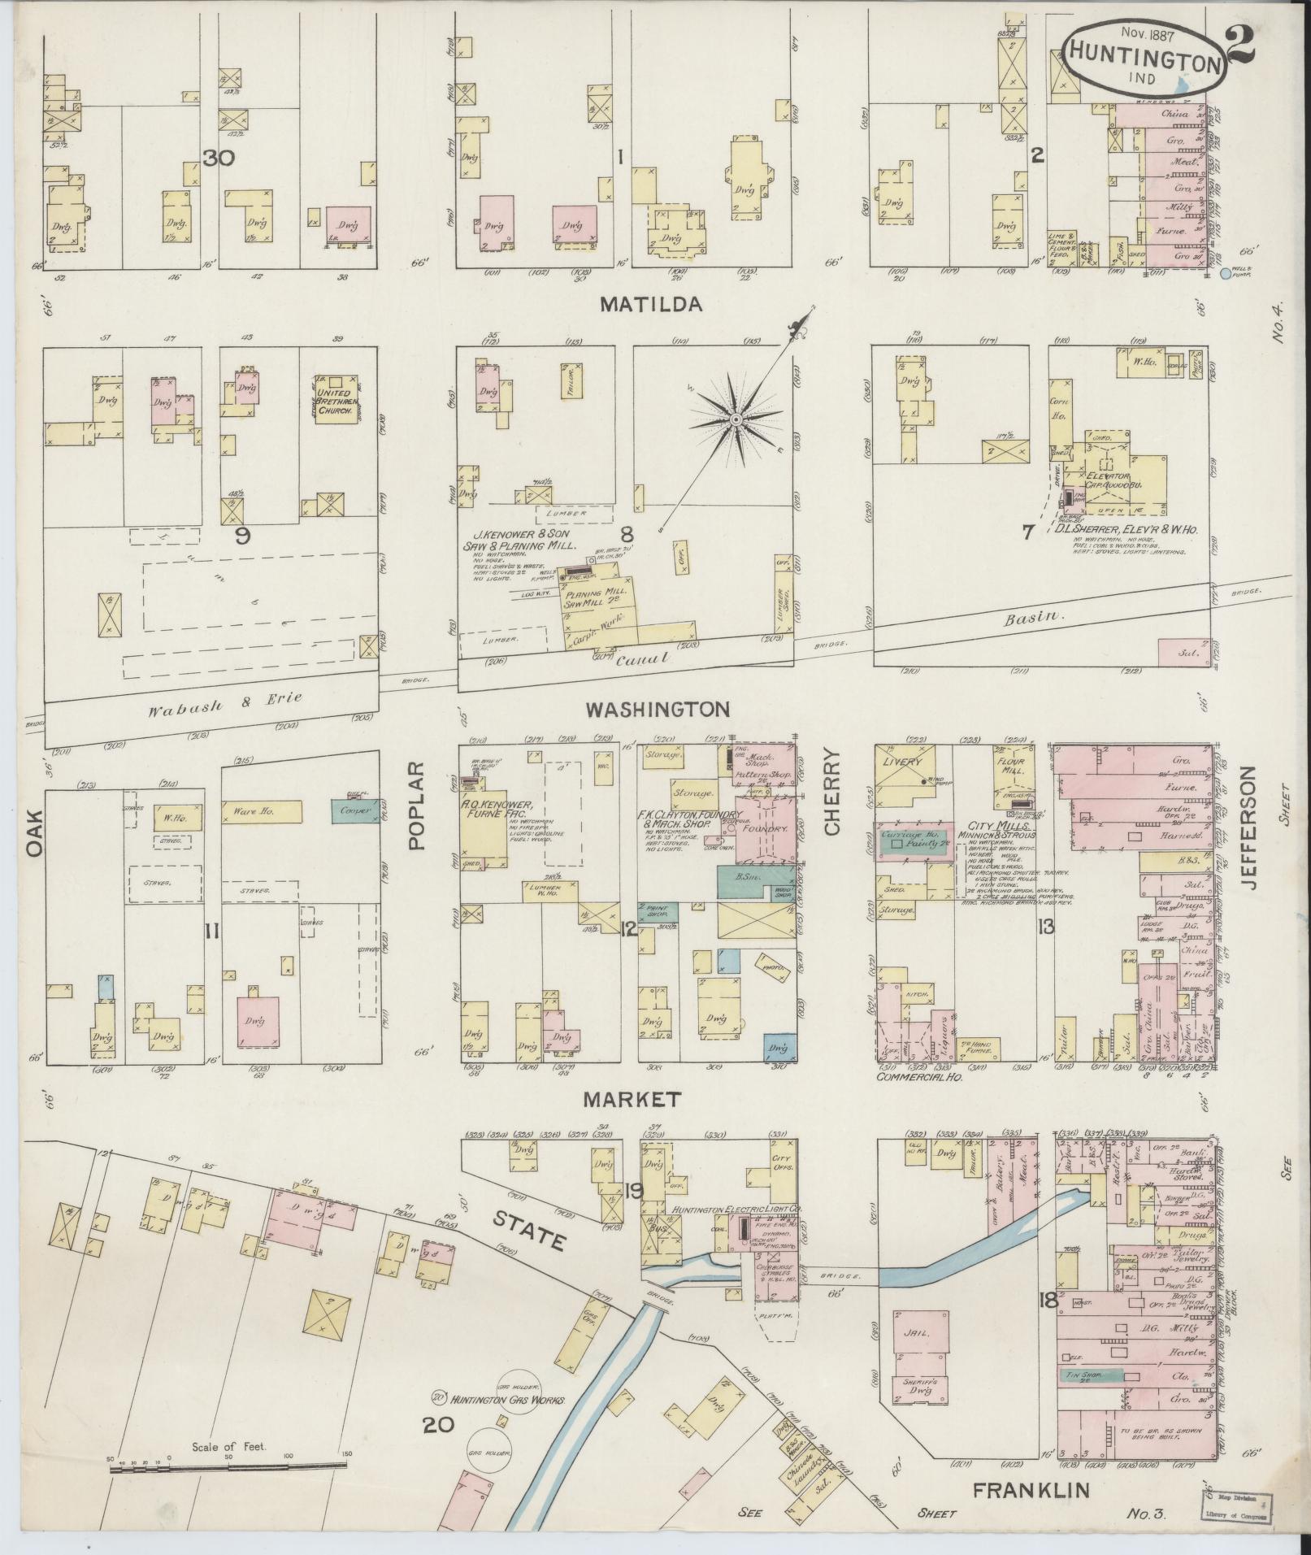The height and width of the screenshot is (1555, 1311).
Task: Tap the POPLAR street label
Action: coord(417,806)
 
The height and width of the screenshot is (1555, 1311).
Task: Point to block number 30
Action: coord(219,159)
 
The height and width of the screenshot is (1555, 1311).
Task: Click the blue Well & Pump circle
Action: coord(1225,275)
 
